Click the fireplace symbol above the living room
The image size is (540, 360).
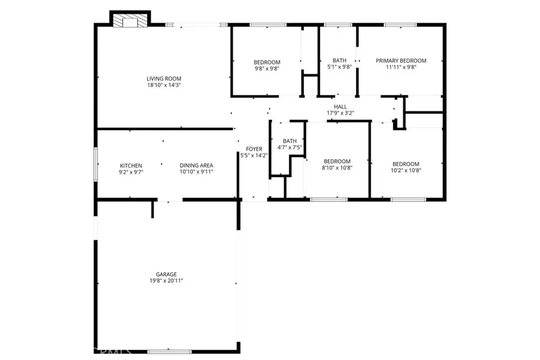tap(130, 21)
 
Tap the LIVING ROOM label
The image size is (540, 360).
tap(164, 79)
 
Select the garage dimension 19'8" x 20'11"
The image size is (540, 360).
tap(166, 281)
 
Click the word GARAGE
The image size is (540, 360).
tap(166, 274)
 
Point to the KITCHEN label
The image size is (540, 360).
tap(131, 166)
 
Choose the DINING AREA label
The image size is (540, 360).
tap(196, 166)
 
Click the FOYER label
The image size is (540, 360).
tap(254, 149)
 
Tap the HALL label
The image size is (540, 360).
tap(340, 106)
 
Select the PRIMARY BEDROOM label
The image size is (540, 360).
tap(401, 61)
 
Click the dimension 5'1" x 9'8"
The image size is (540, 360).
tap(340, 67)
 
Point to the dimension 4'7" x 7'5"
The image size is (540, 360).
tap(290, 147)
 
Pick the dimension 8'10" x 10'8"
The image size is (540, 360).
tap(337, 168)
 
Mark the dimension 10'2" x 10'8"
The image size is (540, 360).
tap(406, 170)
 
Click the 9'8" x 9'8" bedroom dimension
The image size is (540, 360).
tap(267, 69)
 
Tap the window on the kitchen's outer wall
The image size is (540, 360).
tap(96, 164)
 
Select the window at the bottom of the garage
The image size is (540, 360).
tap(169, 352)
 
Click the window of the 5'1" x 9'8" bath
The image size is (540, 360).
tap(338, 25)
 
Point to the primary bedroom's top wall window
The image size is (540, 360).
tap(400, 25)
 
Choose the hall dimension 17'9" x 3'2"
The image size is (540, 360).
tap(340, 113)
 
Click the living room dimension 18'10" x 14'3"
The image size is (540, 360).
tap(164, 85)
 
